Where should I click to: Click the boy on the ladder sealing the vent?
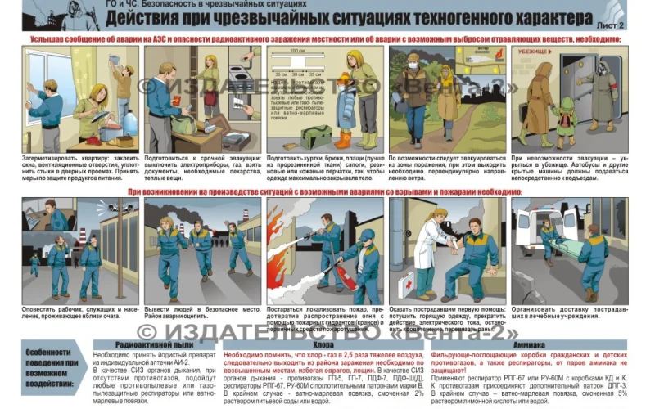coord(123,82)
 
